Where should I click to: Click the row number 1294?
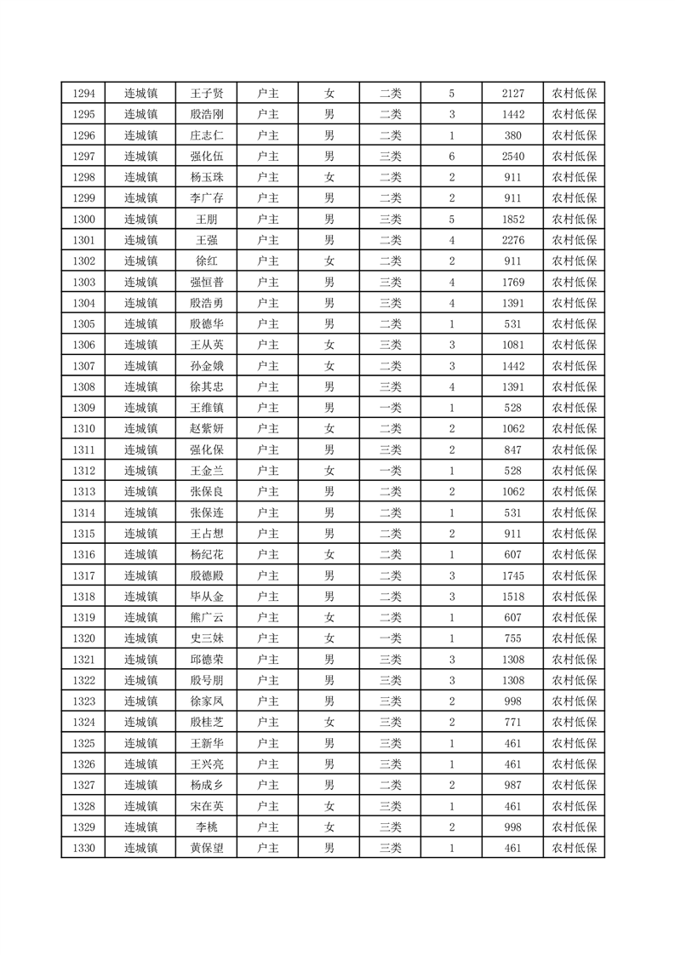pos(83,93)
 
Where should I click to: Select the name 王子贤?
pos(206,93)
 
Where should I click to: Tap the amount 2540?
pos(512,156)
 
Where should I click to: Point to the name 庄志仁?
pos(206,135)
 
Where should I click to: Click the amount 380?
pos(512,135)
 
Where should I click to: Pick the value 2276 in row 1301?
pos(512,240)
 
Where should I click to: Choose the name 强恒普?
pos(206,282)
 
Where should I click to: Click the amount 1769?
pos(512,282)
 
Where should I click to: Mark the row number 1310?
pos(83,429)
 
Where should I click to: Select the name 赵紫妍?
pos(206,429)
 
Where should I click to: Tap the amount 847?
pos(512,449)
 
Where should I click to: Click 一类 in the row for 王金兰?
pos(390,471)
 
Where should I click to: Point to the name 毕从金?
pos(206,597)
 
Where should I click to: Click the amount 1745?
pos(512,575)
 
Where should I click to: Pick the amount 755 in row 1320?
pos(512,638)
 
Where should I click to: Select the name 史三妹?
pos(206,638)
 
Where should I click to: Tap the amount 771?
pos(512,723)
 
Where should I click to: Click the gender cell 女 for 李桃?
pos(329,827)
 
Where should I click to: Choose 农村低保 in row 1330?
pos(574,848)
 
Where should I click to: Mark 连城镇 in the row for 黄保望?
pos(140,848)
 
